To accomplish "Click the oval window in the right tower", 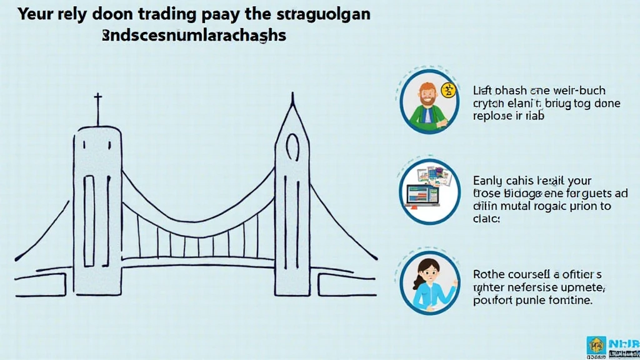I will click(x=292, y=148).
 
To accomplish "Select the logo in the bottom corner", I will click(x=612, y=346).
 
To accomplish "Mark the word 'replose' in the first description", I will click(x=494, y=116).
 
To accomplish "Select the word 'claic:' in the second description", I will click(x=487, y=219).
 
